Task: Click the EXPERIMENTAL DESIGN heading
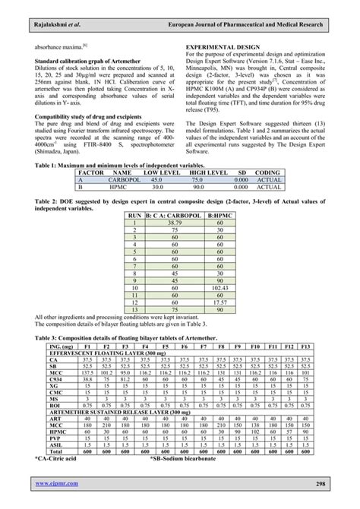coord(223,47)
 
